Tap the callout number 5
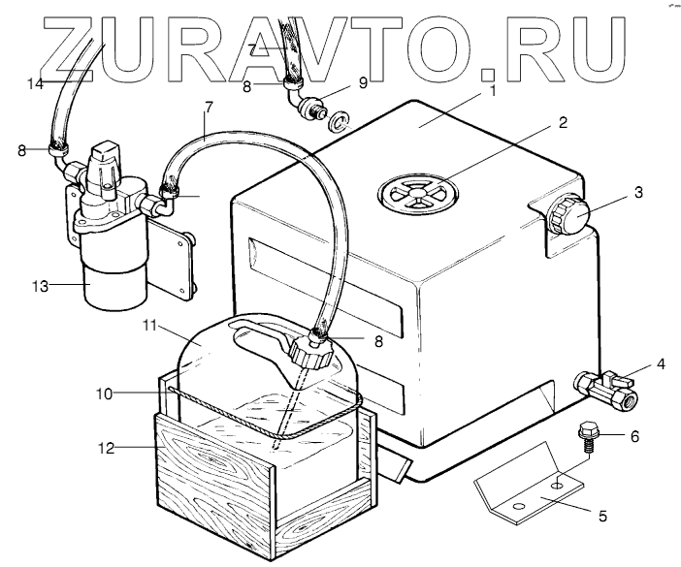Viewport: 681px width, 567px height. coord(602,517)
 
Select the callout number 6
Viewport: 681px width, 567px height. coord(634,436)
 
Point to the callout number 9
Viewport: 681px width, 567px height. coord(365,82)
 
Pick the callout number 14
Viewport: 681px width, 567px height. coord(35,85)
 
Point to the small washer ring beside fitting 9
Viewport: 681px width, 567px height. coord(338,123)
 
